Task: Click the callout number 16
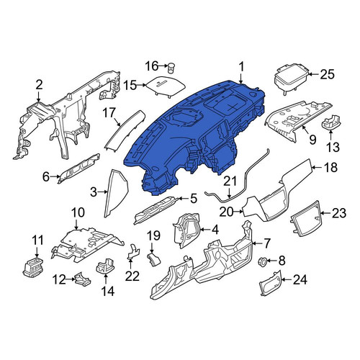[152, 66]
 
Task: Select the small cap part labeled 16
[171, 67]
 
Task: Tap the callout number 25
[328, 74]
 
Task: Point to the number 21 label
[230, 181]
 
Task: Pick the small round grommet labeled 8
[262, 261]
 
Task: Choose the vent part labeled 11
[34, 267]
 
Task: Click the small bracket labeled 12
[83, 279]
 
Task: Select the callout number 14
[108, 291]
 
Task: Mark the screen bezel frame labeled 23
[307, 218]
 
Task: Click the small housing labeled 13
[330, 122]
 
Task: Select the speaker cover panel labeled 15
[166, 86]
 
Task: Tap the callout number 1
[241, 67]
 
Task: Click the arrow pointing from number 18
[317, 167]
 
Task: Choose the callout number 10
[78, 212]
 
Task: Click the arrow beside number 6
[55, 177]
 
